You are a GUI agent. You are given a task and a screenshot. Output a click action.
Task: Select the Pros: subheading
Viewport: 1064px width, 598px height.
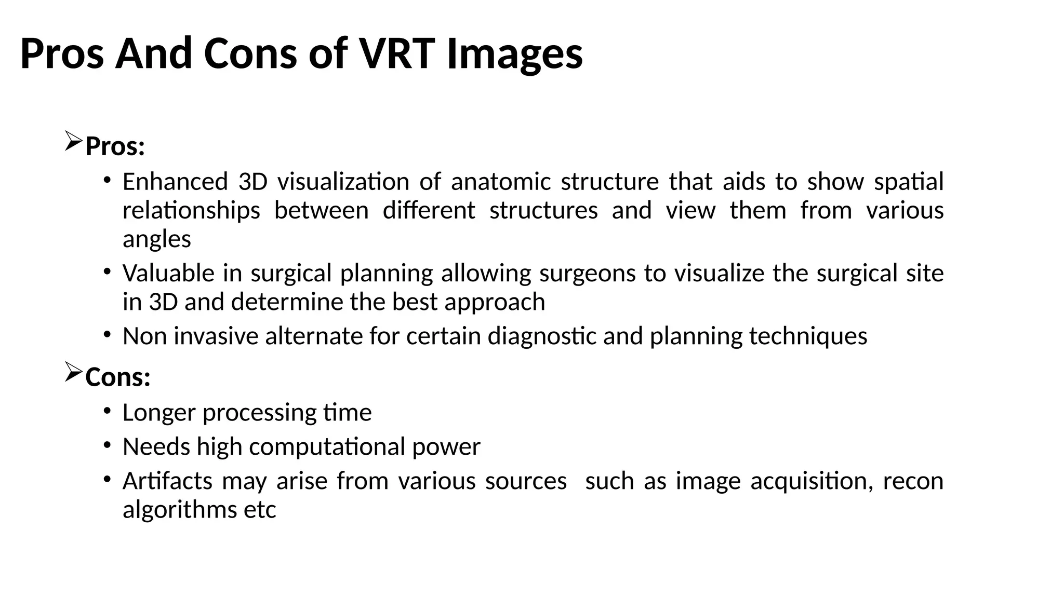[x=115, y=146]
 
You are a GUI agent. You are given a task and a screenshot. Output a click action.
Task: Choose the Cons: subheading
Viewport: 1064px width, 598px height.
[x=118, y=377]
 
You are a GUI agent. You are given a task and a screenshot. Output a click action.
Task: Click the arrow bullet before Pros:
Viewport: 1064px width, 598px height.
[x=73, y=142]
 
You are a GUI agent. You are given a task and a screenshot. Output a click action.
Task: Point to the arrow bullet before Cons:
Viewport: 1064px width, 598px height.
[x=73, y=372]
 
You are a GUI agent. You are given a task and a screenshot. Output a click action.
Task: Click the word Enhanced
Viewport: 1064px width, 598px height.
[x=175, y=182]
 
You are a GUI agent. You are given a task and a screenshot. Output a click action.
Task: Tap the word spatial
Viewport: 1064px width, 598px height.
[x=909, y=182]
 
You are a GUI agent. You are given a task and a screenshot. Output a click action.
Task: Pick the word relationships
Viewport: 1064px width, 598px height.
[x=191, y=211]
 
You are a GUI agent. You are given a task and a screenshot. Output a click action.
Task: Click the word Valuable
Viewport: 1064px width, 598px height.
[x=168, y=273]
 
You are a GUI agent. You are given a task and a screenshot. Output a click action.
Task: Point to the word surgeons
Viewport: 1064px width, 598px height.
[x=587, y=274]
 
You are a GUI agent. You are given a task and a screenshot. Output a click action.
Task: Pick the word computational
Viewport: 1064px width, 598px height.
[x=327, y=447]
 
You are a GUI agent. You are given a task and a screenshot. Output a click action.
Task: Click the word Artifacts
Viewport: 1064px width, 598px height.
[x=167, y=481]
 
